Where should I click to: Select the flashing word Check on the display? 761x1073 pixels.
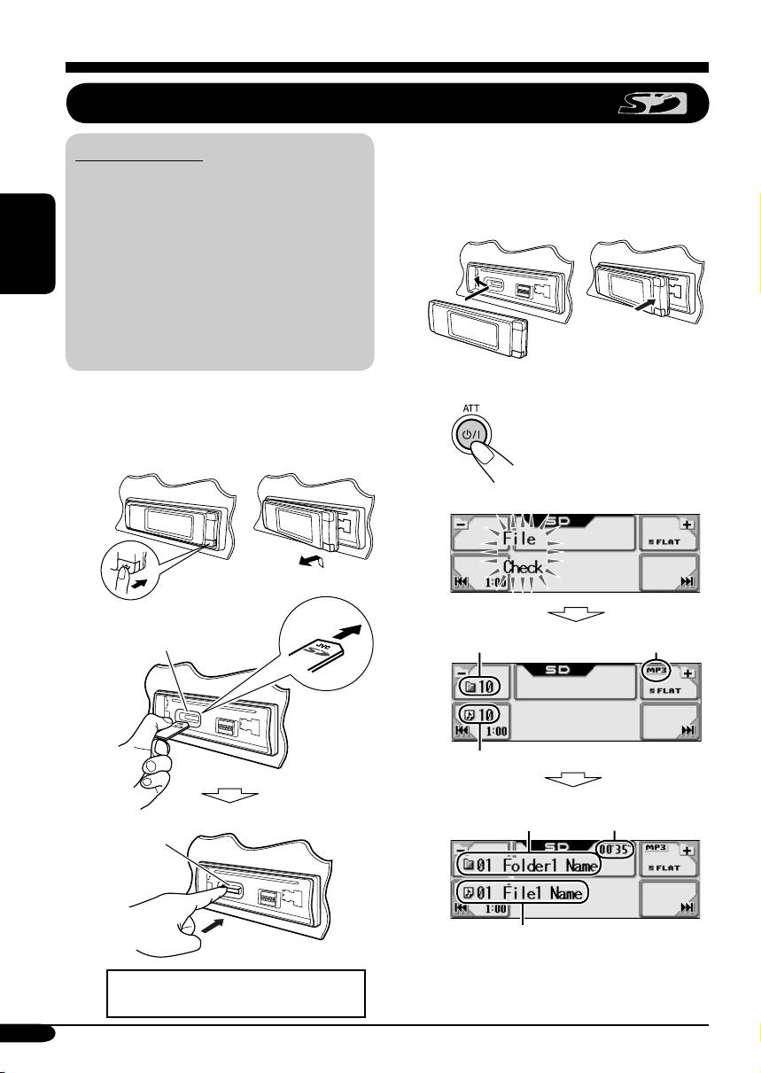(x=522, y=568)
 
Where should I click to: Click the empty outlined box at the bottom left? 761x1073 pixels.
(x=235, y=993)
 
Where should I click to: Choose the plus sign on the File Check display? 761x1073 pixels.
(x=687, y=525)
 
